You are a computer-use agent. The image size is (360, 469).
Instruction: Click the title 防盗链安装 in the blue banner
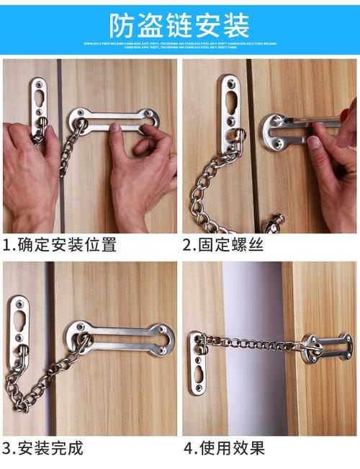pyautogui.click(x=179, y=24)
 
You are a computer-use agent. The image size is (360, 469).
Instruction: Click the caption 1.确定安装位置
pyautogui.click(x=59, y=245)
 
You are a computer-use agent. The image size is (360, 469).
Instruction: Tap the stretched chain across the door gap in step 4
pyautogui.click(x=252, y=342)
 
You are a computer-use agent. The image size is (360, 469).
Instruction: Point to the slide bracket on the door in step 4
pyautogui.click(x=317, y=347)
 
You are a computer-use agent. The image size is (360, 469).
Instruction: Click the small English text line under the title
pyautogui.click(x=179, y=46)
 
